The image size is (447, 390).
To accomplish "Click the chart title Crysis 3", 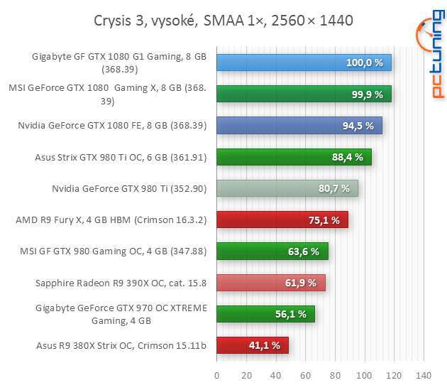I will pyautogui.click(x=222, y=21).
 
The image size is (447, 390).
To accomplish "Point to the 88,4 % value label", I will pyautogui.click(x=347, y=157).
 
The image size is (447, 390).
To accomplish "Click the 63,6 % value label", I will pyautogui.click(x=304, y=251).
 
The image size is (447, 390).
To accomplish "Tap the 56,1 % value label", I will pyautogui.click(x=292, y=314).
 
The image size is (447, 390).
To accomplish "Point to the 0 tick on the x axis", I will pyautogui.click(x=216, y=375).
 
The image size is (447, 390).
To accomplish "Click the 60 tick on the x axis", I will pyautogui.click(x=305, y=375).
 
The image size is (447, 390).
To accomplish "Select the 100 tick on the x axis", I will pyautogui.click(x=364, y=375).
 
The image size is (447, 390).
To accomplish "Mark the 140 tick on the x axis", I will pyautogui.click(x=423, y=375).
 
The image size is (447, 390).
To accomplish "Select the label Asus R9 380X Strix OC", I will pyautogui.click(x=121, y=345).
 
